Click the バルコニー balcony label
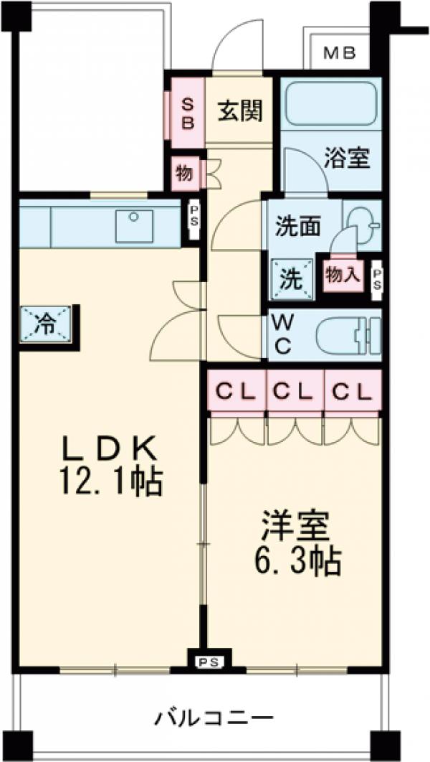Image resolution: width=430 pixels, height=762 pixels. (x=214, y=716)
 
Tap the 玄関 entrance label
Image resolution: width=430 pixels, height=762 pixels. (x=239, y=111)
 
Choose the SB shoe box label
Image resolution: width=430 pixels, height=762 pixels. (x=186, y=112)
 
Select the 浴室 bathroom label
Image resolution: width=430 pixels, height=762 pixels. (x=347, y=159)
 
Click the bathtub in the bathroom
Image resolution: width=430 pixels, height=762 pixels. (x=330, y=103)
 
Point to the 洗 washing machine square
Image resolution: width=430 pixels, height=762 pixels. (x=292, y=279)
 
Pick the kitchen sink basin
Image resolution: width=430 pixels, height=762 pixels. (x=134, y=225)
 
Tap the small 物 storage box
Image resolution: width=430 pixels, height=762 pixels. (x=183, y=173)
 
